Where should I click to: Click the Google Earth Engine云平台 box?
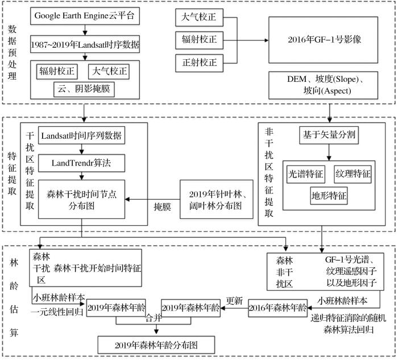point(85,16)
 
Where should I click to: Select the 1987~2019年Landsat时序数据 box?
point(85,44)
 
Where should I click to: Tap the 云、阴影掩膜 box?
point(84,89)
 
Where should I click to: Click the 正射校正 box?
point(199,63)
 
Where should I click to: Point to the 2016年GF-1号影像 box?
point(324,40)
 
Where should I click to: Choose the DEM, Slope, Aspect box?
point(324,85)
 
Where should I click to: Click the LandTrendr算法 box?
point(81,163)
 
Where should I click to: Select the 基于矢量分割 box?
point(329,135)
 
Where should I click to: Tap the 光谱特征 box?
point(306,174)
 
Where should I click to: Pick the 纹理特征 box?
point(353,174)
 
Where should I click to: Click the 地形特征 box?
point(329,196)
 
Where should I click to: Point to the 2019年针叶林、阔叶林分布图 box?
point(217,199)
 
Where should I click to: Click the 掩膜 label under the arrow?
point(163,207)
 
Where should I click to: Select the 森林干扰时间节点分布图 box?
point(81,199)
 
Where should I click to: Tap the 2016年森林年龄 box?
point(277,308)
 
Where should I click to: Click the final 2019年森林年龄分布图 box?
point(156,345)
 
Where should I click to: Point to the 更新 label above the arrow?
point(234,301)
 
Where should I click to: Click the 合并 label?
point(154,318)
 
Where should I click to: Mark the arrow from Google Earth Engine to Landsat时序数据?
point(85,30)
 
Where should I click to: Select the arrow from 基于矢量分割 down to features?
point(329,152)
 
